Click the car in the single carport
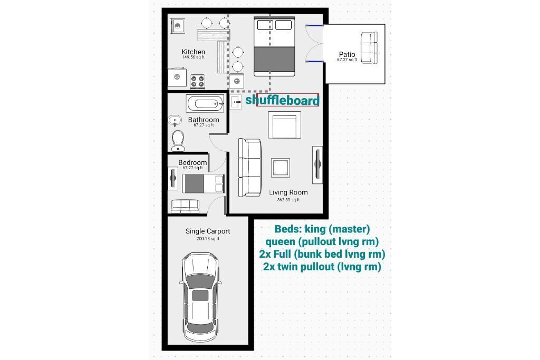[200, 298]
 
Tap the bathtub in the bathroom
[205, 104]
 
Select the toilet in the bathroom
[178, 141]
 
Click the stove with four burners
[197, 82]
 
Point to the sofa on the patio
[369, 48]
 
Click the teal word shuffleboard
[282, 100]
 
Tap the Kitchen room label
[193, 52]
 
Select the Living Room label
[288, 192]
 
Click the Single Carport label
[208, 231]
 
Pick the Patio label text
[347, 54]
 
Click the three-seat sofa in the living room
[249, 168]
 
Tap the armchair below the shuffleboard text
[284, 125]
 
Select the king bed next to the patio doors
[274, 46]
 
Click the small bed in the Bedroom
[203, 184]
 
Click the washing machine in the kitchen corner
[178, 26]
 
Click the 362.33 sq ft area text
[288, 200]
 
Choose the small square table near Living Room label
[281, 168]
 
